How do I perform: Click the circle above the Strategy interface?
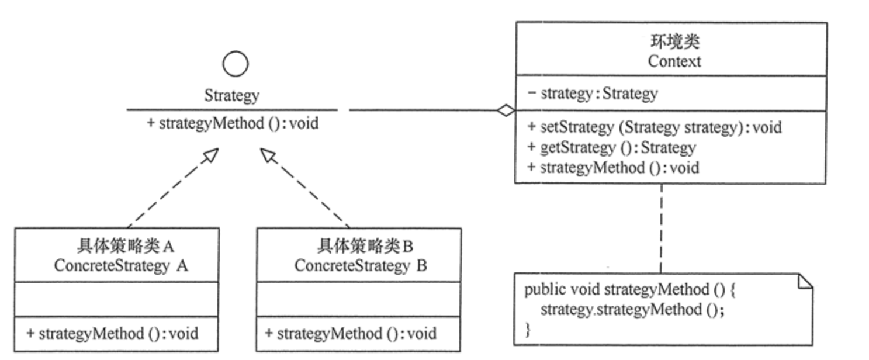(235, 64)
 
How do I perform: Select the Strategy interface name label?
(231, 96)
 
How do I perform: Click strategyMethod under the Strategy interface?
(233, 124)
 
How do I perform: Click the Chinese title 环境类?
(674, 42)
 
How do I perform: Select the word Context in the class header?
(674, 61)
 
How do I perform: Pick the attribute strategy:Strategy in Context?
(592, 93)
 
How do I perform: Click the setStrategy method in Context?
(654, 127)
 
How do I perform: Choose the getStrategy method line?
(611, 147)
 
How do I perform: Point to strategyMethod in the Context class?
(613, 168)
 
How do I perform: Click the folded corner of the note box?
(805, 282)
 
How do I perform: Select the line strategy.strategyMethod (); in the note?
(632, 309)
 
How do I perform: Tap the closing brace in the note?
(528, 329)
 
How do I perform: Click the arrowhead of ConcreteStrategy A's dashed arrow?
(211, 155)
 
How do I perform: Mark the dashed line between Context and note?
(661, 228)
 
